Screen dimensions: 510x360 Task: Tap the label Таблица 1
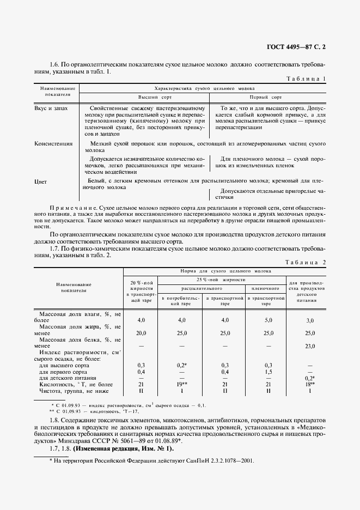(306, 79)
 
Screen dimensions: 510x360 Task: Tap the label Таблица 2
(306, 263)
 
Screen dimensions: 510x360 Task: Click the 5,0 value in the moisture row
(268, 320)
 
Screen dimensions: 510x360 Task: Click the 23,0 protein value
(310, 345)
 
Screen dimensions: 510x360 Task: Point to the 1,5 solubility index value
(268, 371)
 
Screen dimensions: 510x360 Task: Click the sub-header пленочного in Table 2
(266, 288)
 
